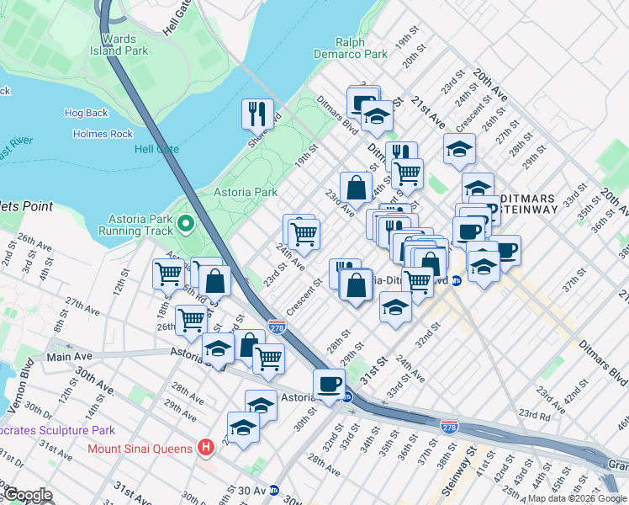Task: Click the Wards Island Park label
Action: pos(119,44)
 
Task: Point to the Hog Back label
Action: pos(87,113)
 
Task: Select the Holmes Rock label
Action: pos(103,134)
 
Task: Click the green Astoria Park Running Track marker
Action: pos(185,224)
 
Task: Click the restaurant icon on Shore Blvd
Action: pos(256,113)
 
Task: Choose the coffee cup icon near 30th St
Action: pos(329,384)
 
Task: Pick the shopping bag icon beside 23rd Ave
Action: pos(356,186)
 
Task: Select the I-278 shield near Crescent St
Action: pos(276,326)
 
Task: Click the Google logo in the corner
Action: pos(27,495)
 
